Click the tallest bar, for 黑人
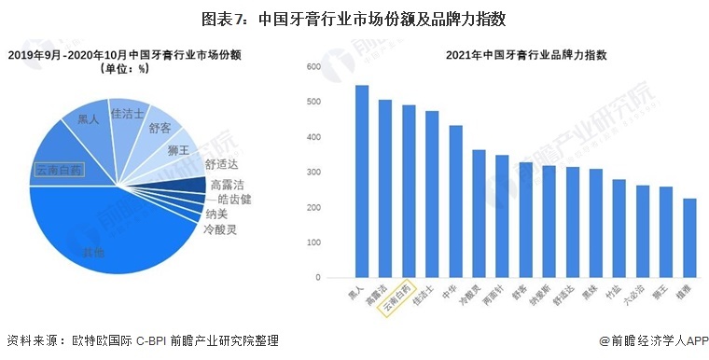(x=362, y=182)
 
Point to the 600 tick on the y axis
(x=313, y=66)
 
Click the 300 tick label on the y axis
(x=313, y=173)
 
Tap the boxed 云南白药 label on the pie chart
(x=59, y=170)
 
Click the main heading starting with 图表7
(x=354, y=18)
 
